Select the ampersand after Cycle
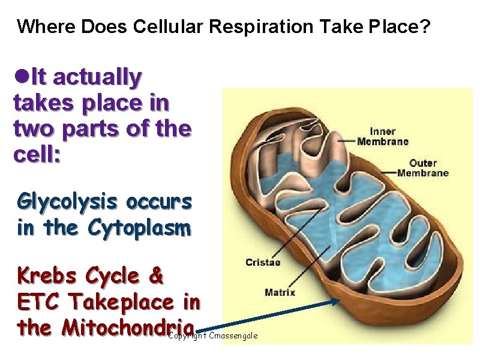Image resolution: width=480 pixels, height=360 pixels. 155,276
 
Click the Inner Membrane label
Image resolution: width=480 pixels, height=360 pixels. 382,137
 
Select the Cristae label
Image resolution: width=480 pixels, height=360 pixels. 262,262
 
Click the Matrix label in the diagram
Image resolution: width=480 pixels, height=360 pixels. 280,293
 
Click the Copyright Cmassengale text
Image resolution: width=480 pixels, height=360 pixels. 213,336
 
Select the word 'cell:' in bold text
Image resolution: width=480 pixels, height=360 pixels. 36,154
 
